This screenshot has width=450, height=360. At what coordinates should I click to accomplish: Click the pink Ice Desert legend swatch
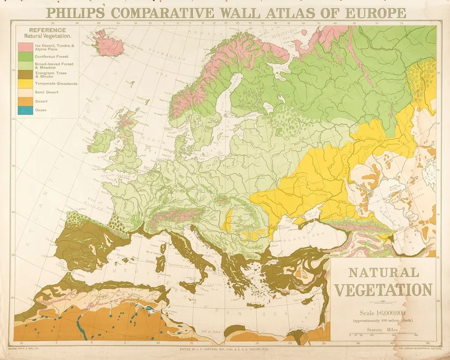click(x=25, y=47)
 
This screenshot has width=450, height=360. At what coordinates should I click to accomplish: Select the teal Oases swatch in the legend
click(x=25, y=109)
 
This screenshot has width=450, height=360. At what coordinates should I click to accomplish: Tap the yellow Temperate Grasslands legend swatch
click(x=25, y=83)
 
